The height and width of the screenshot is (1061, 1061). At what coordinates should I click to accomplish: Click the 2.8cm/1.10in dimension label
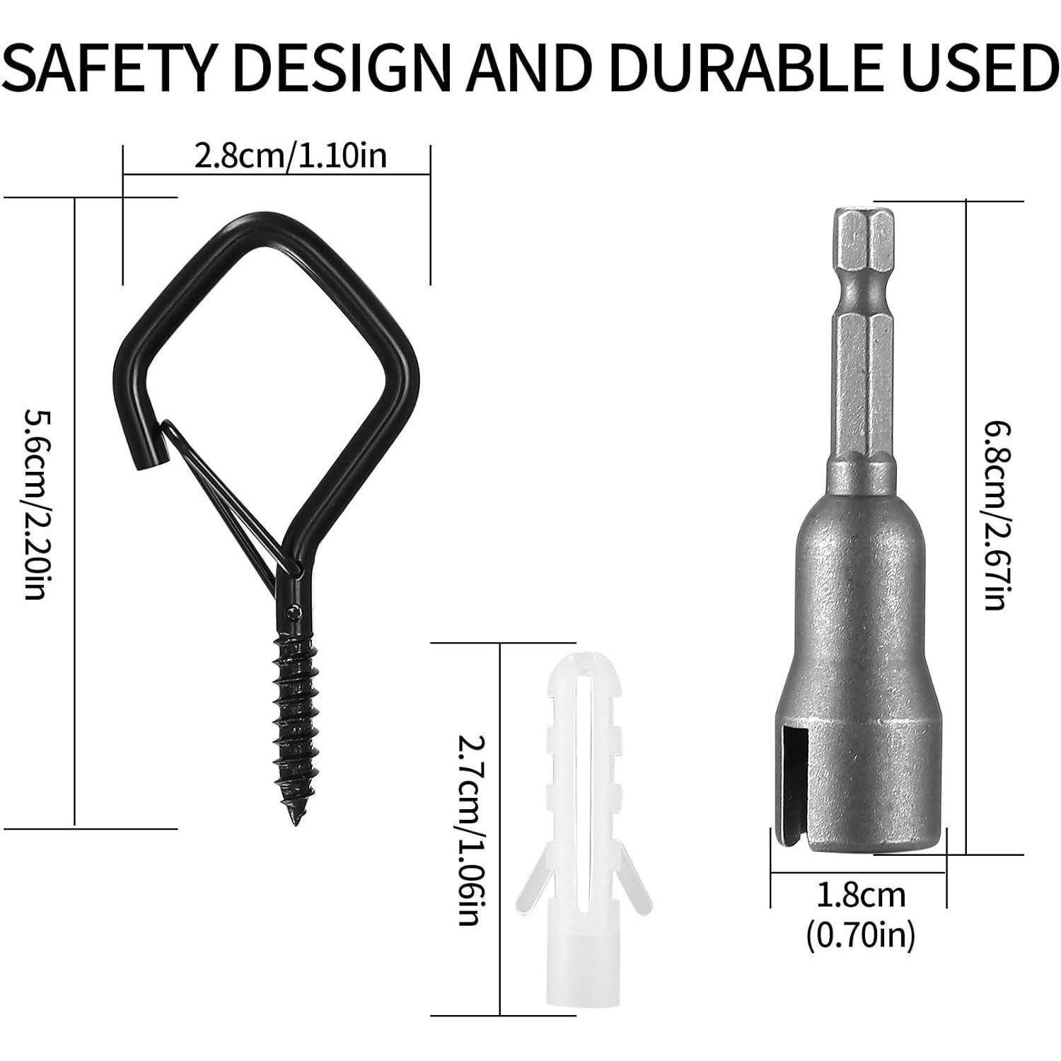[291, 156]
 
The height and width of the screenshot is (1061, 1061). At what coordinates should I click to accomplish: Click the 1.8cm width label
[860, 895]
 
